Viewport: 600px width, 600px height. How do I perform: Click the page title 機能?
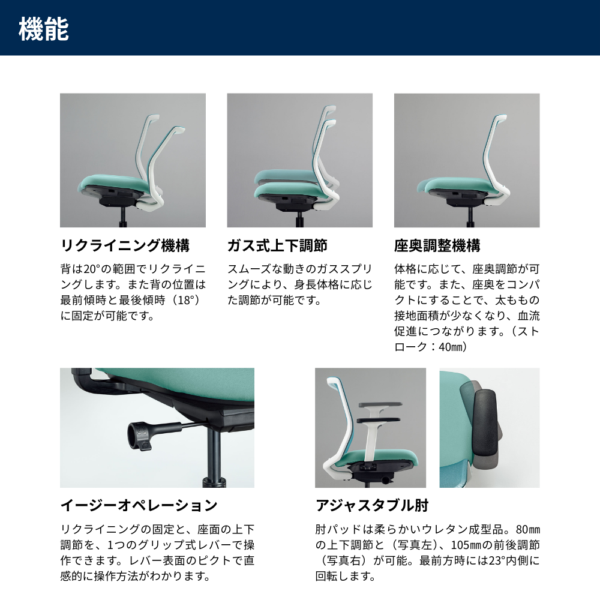tap(44, 29)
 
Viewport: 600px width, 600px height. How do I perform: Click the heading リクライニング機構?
tap(125, 245)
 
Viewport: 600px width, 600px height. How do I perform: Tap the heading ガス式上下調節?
tap(277, 245)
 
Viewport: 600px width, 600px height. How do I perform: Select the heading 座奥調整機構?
tap(437, 245)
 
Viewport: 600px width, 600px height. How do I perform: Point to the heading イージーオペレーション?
tap(139, 505)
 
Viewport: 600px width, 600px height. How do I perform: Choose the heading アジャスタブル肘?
tap(372, 505)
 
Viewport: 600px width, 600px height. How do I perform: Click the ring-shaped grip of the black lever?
tap(138, 435)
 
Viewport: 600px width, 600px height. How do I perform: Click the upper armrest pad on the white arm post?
tap(380, 404)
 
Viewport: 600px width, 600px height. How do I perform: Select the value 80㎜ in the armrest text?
tap(528, 530)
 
